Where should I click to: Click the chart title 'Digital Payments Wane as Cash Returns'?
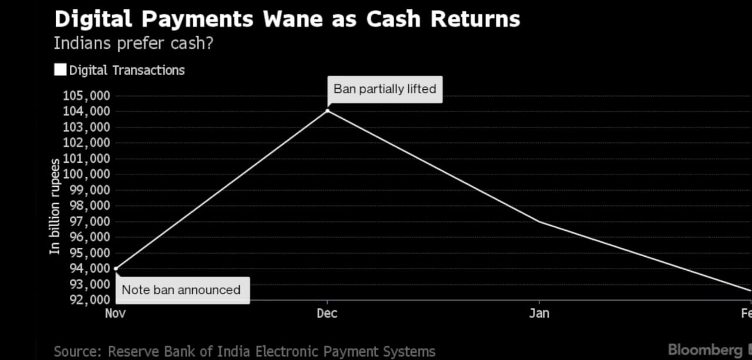tap(287, 19)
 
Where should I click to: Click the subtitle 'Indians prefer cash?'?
tap(133, 43)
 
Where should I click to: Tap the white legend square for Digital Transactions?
tap(60, 70)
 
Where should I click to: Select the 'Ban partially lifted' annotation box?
tap(385, 89)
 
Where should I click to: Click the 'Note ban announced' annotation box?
tap(181, 290)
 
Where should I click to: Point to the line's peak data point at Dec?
tap(327, 110)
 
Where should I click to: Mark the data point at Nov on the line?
tap(116, 269)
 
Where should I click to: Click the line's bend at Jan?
tap(539, 221)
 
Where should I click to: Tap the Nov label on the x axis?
tap(115, 313)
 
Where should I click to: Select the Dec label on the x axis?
tap(327, 313)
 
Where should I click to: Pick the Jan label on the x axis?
tap(539, 313)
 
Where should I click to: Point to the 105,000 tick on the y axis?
tap(86, 96)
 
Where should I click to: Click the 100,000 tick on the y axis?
tap(86, 174)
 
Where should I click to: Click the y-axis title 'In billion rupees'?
tap(55, 206)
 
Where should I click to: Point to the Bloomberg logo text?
tap(705, 350)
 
